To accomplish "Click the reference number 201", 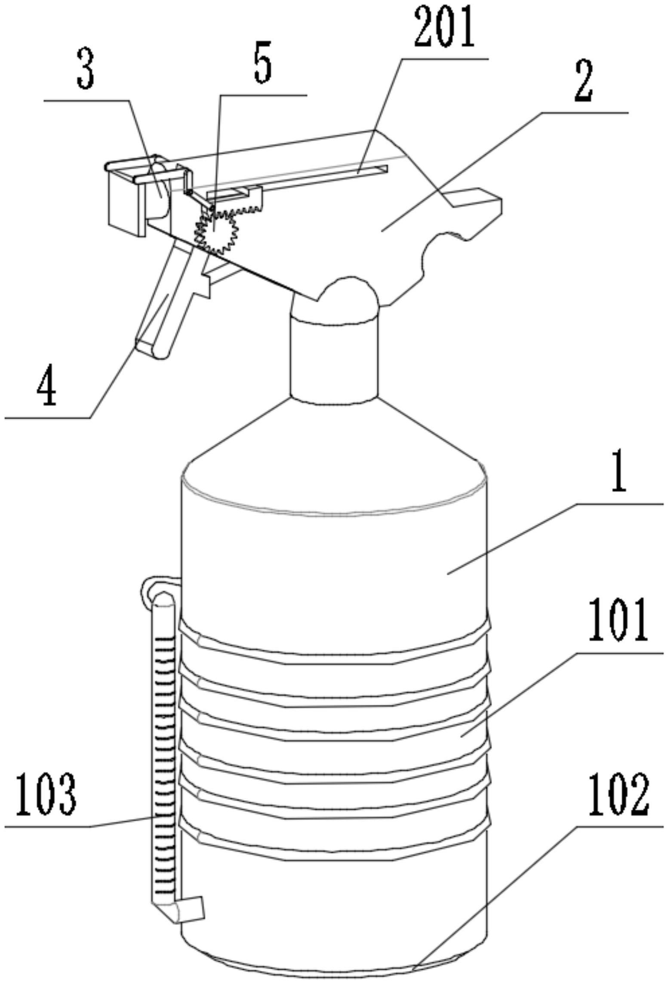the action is click(444, 27).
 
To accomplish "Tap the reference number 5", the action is click(263, 62).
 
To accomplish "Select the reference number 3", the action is click(85, 69).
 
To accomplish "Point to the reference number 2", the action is click(582, 81).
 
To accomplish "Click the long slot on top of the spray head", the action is click(297, 181).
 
